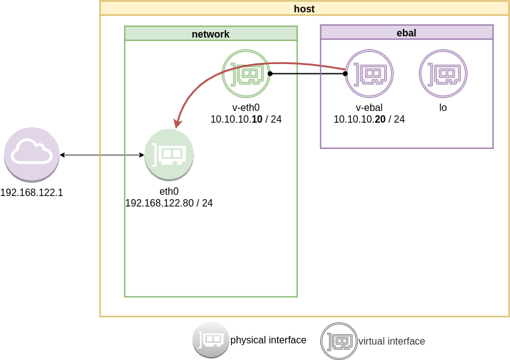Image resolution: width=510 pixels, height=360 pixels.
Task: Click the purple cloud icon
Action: click(31, 154)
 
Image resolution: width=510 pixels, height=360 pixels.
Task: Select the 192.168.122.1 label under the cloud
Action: click(31, 193)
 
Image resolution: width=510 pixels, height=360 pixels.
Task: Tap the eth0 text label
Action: click(169, 192)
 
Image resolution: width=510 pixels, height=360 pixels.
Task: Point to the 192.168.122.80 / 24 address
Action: click(169, 203)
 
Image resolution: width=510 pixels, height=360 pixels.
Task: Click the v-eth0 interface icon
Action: click(246, 74)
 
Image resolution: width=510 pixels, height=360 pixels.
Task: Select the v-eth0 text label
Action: click(246, 108)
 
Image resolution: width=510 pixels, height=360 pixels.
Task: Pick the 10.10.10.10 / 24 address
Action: click(246, 119)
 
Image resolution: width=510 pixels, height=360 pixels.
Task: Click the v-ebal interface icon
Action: click(369, 74)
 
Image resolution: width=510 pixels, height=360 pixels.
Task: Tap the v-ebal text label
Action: click(369, 108)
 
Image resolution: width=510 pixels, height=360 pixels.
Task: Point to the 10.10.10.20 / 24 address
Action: click(369, 119)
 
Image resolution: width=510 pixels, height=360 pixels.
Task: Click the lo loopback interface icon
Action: click(443, 74)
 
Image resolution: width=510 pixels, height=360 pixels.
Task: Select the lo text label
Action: click(443, 108)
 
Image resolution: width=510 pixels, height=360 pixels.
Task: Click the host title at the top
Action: click(304, 9)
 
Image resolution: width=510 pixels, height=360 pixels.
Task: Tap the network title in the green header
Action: click(211, 34)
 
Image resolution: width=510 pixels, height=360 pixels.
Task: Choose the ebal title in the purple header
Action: click(407, 33)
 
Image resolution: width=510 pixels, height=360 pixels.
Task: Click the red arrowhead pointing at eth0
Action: click(177, 123)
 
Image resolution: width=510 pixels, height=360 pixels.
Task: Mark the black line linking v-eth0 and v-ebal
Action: click(308, 74)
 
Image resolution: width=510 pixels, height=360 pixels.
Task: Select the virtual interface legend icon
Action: click(339, 341)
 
